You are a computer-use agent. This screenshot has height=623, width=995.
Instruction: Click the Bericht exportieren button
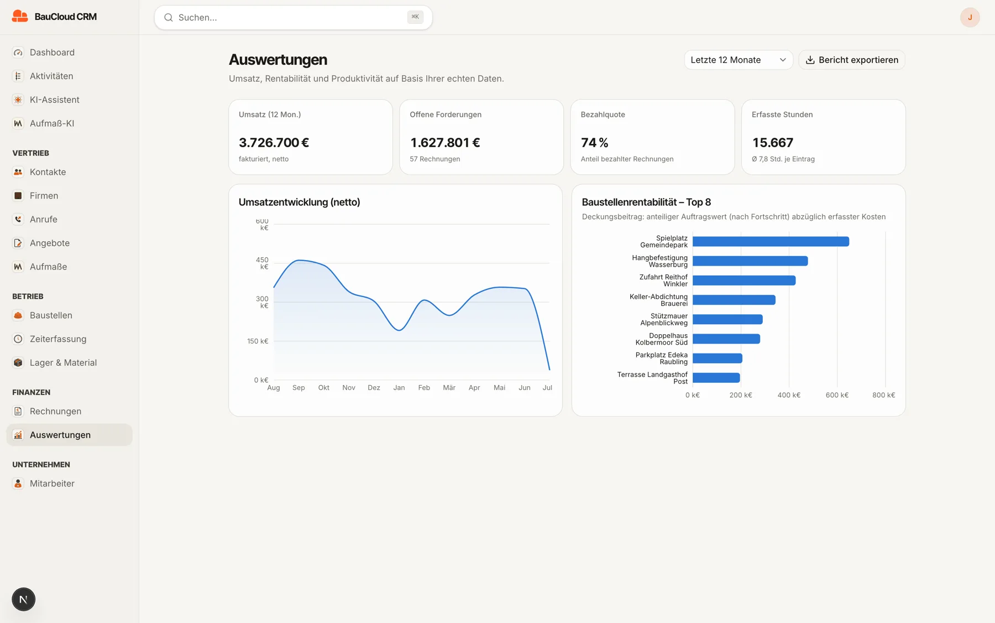point(851,60)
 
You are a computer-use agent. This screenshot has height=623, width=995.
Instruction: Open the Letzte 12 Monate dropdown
point(739,60)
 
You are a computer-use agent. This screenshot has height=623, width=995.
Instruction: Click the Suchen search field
point(293,18)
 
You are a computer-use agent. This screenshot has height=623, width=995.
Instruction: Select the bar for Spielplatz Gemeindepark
point(771,242)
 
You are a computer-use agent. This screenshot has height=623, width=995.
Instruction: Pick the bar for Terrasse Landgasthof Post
point(716,378)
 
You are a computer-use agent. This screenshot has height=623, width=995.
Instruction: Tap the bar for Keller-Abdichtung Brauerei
point(734,300)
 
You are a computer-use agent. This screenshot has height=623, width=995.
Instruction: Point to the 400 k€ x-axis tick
point(789,395)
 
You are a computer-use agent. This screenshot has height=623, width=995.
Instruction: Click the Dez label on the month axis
point(374,388)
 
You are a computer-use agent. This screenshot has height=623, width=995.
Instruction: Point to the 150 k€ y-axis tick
point(258,341)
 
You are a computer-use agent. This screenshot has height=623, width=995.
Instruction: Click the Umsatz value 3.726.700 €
point(274,143)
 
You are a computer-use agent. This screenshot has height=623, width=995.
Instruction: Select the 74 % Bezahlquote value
point(594,143)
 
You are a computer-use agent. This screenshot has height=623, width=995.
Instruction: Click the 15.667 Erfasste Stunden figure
point(772,143)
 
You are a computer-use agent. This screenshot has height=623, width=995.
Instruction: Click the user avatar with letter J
point(970,18)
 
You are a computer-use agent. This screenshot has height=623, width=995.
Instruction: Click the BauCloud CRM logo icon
point(20,17)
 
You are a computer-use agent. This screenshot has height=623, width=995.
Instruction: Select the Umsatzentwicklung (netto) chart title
point(299,203)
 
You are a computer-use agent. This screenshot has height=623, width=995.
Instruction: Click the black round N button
point(23,599)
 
